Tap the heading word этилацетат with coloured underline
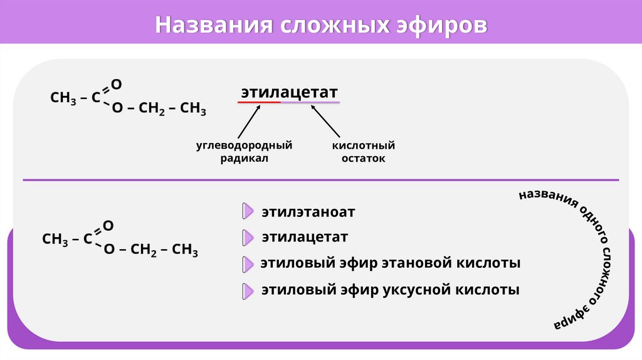[289, 92]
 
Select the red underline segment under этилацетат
[259, 102]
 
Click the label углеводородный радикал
[244, 152]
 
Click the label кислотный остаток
[363, 152]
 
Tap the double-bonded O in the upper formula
[116, 84]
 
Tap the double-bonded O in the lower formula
[108, 225]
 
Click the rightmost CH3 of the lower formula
[185, 250]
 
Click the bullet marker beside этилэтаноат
[248, 212]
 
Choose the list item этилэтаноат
[308, 212]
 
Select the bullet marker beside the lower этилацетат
[248, 238]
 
